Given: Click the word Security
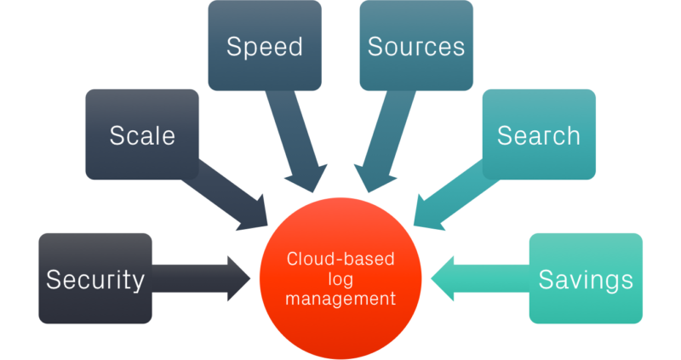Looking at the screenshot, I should (95, 279).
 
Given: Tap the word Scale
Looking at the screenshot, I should (142, 135).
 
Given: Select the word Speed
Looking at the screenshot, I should (264, 46).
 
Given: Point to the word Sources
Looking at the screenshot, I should (416, 46).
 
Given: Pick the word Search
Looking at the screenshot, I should (538, 135).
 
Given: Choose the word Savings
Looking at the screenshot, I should (586, 279).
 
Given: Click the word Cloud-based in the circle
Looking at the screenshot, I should (340, 259).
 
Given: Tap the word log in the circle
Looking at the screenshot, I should (340, 278).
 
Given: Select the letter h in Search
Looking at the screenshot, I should (573, 135).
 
